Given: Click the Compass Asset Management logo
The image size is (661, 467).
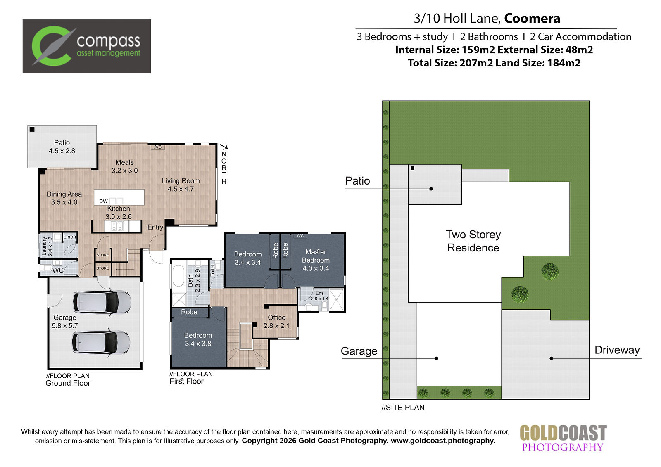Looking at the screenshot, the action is click(87, 46).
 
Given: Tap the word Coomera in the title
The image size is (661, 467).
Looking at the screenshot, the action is click(532, 18).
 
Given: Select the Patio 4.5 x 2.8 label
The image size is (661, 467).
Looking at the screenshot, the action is click(62, 147).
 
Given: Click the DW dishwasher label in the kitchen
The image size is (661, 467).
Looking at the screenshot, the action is click(103, 201).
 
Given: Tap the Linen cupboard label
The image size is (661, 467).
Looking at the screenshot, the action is click(70, 237).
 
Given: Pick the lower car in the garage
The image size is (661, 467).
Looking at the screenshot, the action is click(101, 343).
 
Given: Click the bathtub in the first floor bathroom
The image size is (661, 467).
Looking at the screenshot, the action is click(178, 276).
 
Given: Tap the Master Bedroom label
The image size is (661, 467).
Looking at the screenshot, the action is click(316, 256).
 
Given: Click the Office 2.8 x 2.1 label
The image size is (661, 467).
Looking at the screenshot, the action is click(276, 322).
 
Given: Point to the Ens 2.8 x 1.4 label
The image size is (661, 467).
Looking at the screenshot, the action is click(320, 296).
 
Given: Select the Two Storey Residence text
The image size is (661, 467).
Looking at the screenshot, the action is click(473, 241).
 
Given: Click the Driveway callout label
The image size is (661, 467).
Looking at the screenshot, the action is click(617, 350).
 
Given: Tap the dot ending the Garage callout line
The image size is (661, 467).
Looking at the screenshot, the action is click(436, 358).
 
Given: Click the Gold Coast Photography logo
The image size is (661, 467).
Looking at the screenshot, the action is click(563, 439).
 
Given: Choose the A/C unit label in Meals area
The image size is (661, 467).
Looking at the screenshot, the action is click(158, 147).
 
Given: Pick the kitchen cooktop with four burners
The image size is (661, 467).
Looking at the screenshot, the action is click(117, 226).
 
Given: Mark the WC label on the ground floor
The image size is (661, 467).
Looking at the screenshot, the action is click(58, 270).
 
